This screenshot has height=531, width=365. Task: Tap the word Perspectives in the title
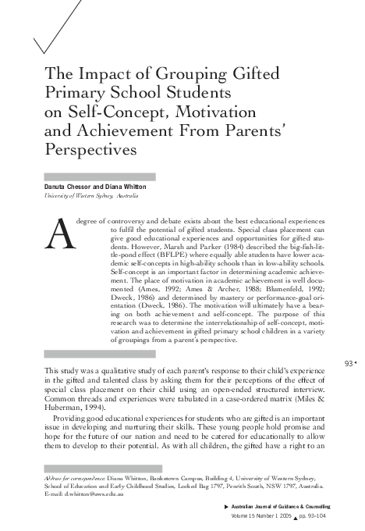click(x=91, y=147)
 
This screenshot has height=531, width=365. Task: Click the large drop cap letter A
click(x=62, y=233)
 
